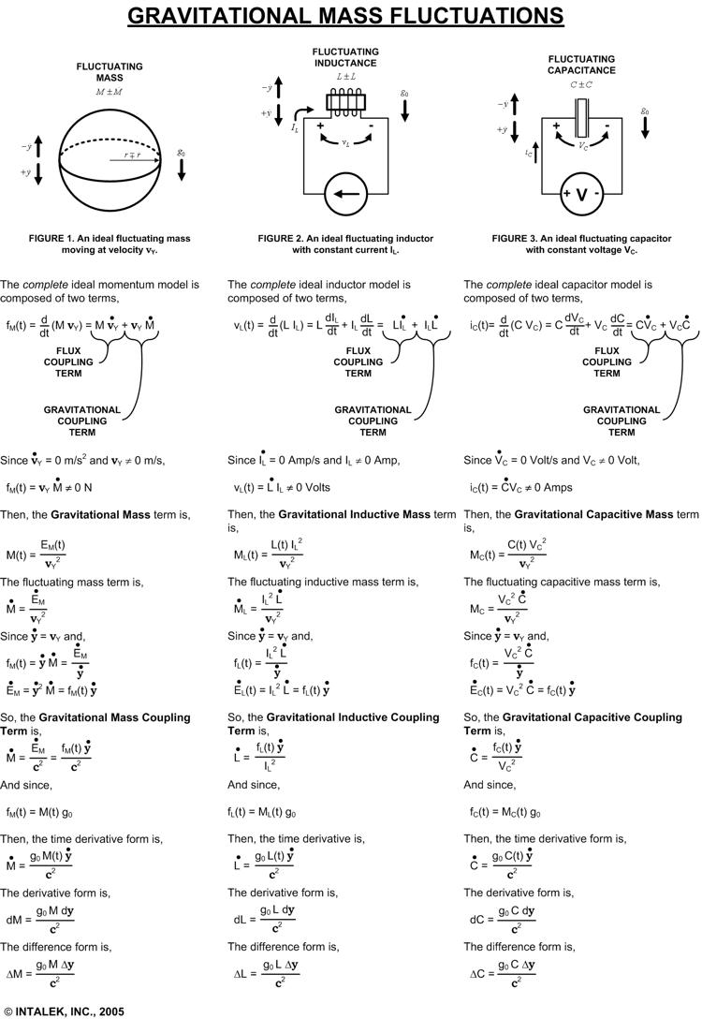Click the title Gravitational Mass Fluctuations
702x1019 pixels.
click(x=345, y=16)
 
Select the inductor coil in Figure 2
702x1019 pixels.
click(x=346, y=101)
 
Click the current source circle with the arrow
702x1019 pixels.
click(x=345, y=196)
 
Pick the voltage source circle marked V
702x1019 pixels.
click(x=581, y=195)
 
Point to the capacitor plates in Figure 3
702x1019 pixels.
click(x=581, y=120)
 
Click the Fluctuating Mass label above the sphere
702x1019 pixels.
click(x=110, y=72)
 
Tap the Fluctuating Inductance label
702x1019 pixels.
click(x=345, y=57)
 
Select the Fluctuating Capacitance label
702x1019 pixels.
click(x=581, y=65)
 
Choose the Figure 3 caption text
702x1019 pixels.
click(x=581, y=244)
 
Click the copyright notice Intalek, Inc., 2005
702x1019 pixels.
click(x=64, y=1012)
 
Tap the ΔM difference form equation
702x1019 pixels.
click(x=54, y=973)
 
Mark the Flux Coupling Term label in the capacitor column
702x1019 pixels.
click(x=607, y=362)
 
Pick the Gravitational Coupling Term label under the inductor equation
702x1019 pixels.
click(x=373, y=421)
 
